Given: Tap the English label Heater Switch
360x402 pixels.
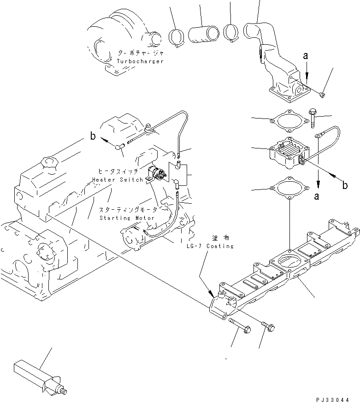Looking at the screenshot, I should pyautogui.click(x=117, y=179).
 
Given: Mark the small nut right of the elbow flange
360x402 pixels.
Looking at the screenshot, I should pyautogui.click(x=321, y=95).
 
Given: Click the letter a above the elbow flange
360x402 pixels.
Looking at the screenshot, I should pyautogui.click(x=305, y=56).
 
